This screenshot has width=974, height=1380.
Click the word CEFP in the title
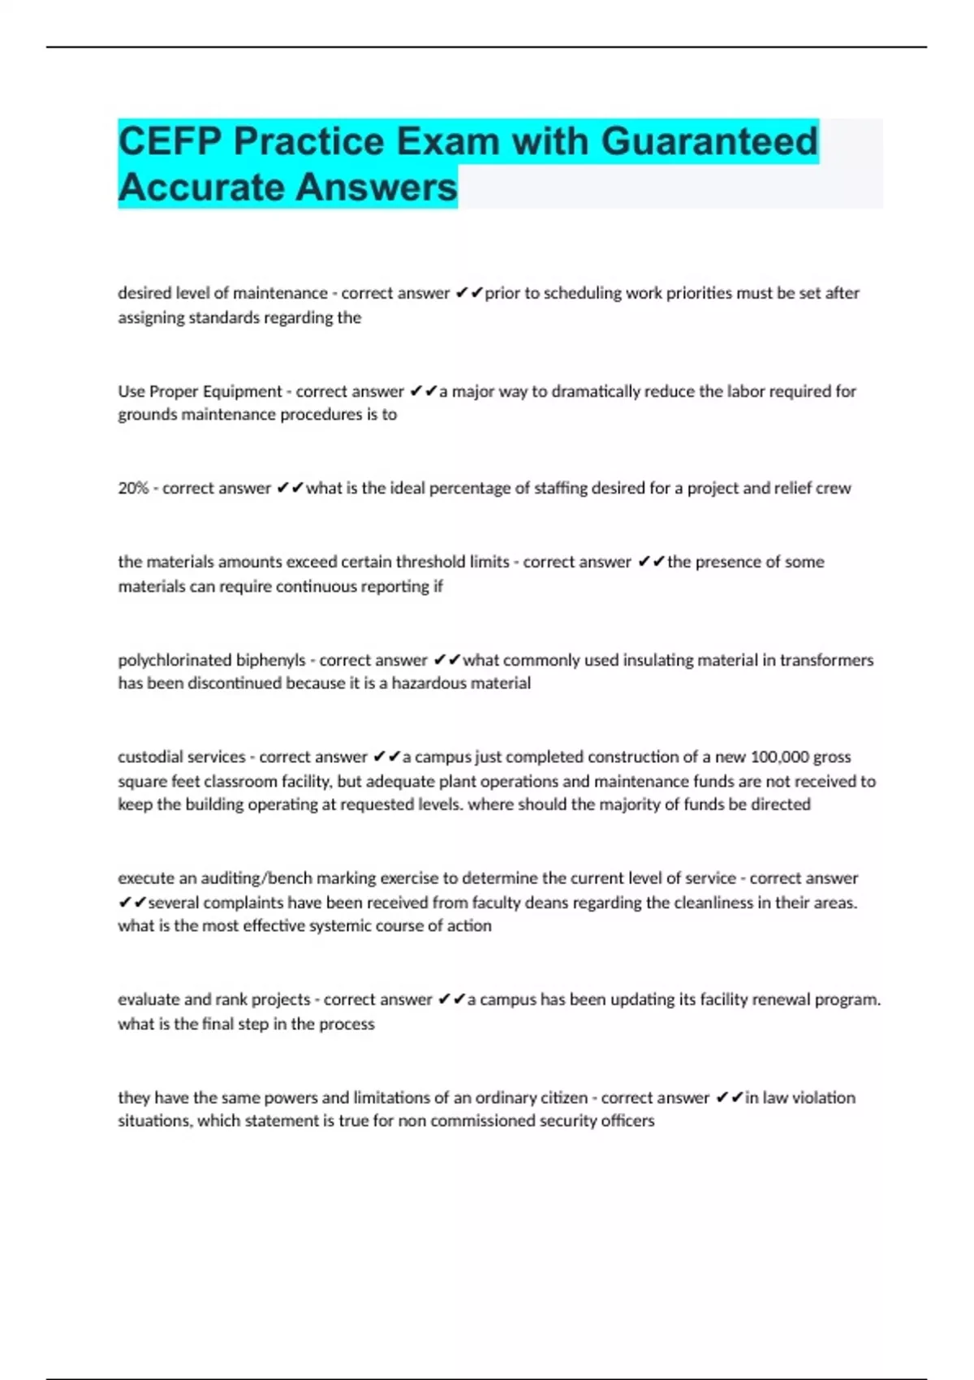coord(170,141)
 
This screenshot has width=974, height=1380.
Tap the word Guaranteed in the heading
coord(709,141)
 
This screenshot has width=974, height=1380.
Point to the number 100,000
coord(779,757)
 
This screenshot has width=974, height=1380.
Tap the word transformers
coord(826,660)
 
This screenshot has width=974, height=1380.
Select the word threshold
coord(426,562)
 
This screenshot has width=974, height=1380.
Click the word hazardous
coord(429,683)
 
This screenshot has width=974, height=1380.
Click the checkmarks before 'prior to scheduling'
coord(469,293)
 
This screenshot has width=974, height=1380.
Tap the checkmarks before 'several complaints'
coord(132,902)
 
